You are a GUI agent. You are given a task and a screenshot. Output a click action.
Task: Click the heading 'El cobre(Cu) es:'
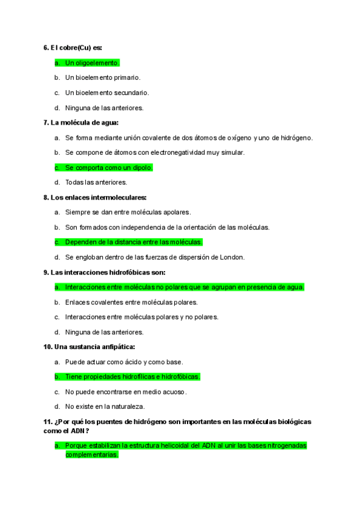click(x=72, y=48)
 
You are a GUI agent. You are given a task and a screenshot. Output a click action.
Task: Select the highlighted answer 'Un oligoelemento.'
click(x=92, y=63)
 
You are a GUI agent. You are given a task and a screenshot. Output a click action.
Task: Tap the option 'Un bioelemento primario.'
click(x=102, y=77)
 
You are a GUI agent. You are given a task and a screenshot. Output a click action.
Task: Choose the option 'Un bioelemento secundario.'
click(x=106, y=93)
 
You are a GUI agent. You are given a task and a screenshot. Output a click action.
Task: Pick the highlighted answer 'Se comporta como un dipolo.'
click(x=108, y=168)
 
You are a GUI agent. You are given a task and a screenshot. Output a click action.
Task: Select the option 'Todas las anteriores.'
click(x=96, y=182)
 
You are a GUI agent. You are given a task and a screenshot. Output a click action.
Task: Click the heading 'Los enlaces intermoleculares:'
click(x=95, y=197)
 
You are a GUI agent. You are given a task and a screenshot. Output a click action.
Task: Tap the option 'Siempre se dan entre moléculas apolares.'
click(x=128, y=212)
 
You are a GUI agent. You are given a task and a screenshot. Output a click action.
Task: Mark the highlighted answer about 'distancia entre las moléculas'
click(x=133, y=242)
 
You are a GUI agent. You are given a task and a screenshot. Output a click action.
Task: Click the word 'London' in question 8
click(x=233, y=257)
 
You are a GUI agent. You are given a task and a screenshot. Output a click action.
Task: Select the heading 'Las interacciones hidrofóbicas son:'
click(x=103, y=272)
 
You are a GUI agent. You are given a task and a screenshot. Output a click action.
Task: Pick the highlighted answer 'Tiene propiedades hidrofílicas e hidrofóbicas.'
click(x=132, y=376)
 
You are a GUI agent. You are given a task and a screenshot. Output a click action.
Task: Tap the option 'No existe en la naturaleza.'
click(x=105, y=407)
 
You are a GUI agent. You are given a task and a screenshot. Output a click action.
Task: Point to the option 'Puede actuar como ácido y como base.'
click(x=124, y=362)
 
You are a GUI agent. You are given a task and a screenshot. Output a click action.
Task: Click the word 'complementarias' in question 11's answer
click(x=91, y=455)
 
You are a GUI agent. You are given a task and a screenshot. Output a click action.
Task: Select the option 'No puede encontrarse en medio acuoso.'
click(x=126, y=391)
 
